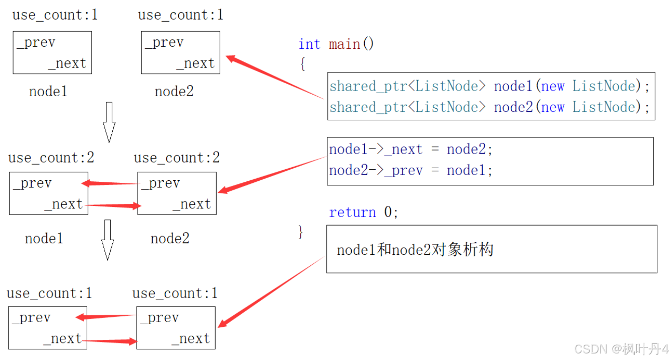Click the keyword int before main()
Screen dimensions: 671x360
pos(309,44)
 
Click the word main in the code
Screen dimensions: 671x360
pos(345,45)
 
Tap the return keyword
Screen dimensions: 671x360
pos(352,212)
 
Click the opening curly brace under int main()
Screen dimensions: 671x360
pos(303,64)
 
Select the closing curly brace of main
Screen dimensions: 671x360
pos(300,232)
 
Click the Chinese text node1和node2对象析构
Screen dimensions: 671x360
pos(415,250)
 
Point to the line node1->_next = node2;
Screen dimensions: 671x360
pos(411,149)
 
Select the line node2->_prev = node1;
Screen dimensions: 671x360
pos(411,170)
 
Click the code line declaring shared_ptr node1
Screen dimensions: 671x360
pos(490,86)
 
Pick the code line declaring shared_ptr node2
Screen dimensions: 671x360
pos(490,107)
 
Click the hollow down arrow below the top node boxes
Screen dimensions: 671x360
pos(109,122)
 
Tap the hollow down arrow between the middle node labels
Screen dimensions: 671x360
pos(107,240)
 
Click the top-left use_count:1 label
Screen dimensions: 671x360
pos(55,15)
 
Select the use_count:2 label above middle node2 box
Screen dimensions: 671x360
pos(177,158)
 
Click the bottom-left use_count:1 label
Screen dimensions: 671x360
pos(49,293)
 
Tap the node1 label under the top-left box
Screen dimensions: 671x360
pos(48,91)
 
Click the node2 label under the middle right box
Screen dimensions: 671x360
pos(170,239)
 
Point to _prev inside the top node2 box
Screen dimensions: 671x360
pos(164,42)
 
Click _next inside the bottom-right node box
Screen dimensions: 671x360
pos(191,339)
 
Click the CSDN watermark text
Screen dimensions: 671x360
pos(621,349)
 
